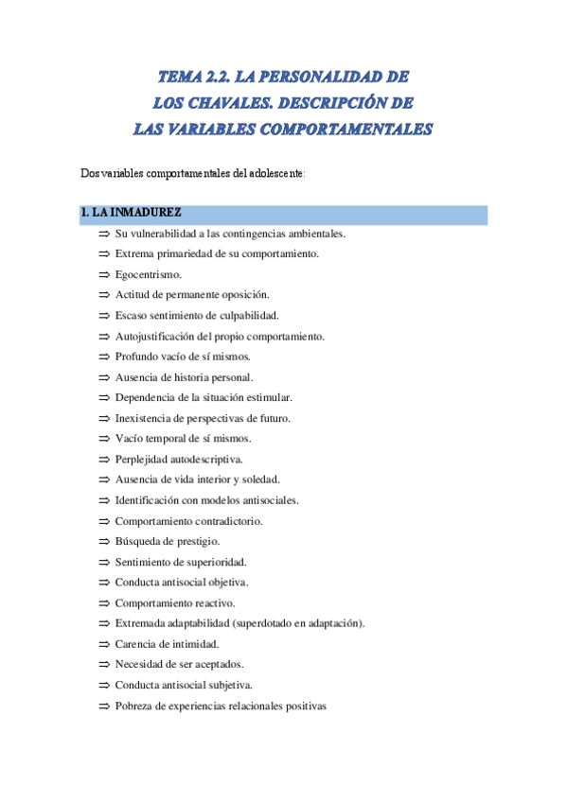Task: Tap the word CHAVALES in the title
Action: pyautogui.click(x=239, y=101)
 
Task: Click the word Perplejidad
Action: pyautogui.click(x=143, y=460)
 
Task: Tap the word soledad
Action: pyautogui.click(x=257, y=480)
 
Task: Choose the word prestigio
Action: pyautogui.click(x=195, y=542)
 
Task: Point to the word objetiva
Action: pyautogui.click(x=227, y=583)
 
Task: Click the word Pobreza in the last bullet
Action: pyautogui.click(x=135, y=706)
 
